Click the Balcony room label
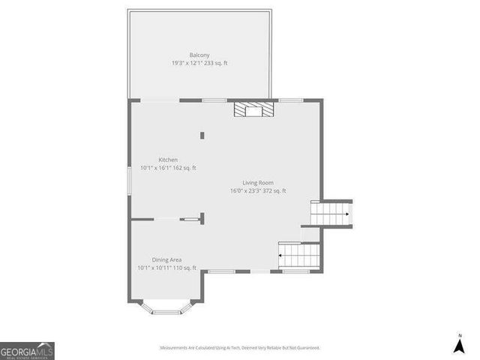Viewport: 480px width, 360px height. [199, 55]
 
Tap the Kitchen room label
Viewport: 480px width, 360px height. [168, 160]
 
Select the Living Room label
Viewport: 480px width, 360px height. [258, 183]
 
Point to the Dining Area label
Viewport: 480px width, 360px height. [166, 259]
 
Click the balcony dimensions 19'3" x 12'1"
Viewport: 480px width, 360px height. [199, 63]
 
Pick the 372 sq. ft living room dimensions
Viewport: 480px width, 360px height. [258, 191]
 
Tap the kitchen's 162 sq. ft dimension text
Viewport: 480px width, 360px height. [168, 168]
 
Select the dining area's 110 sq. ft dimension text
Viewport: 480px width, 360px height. [166, 268]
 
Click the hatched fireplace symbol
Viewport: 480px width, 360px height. [253, 110]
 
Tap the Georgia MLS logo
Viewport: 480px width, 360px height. [27, 350]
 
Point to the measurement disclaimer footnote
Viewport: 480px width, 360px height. [240, 348]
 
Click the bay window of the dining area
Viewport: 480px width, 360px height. [169, 307]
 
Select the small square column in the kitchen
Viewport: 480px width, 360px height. [202, 135]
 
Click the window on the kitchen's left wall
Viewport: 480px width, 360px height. [129, 184]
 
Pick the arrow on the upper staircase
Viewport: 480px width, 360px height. [346, 214]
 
